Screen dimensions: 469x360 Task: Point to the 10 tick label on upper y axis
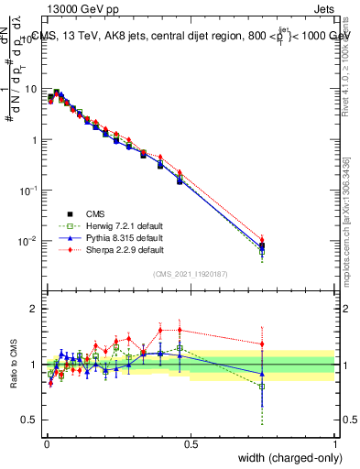pyautogui.click(x=32, y=90)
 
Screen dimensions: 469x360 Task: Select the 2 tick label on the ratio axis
pyautogui.click(x=35, y=309)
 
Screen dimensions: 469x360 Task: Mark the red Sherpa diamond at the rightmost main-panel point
pyautogui.click(x=263, y=240)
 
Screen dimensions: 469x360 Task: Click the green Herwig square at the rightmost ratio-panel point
pyautogui.click(x=263, y=387)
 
